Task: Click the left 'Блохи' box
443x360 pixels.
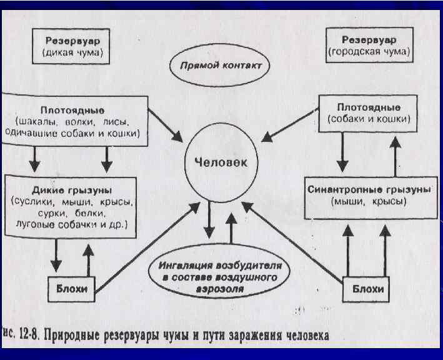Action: [x=72, y=288]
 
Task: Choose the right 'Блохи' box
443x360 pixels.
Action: [x=368, y=289]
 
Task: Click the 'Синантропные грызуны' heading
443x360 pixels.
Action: [x=369, y=189]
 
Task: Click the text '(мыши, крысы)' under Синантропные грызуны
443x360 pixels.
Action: [x=369, y=202]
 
